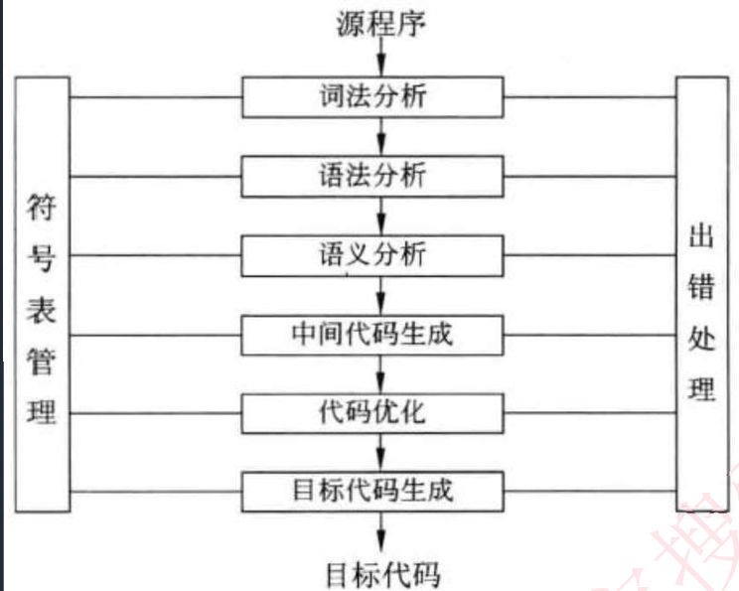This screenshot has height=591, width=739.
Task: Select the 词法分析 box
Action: pyautogui.click(x=373, y=98)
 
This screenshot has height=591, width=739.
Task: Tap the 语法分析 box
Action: pyautogui.click(x=373, y=177)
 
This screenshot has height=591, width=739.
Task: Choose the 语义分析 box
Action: pyautogui.click(x=373, y=255)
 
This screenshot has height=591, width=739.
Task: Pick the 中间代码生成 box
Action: pyautogui.click(x=373, y=334)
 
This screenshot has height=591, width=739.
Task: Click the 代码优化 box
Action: pyautogui.click(x=373, y=411)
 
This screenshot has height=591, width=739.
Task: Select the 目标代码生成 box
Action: pyautogui.click(x=373, y=489)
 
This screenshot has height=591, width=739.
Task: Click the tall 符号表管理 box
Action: pyautogui.click(x=43, y=294)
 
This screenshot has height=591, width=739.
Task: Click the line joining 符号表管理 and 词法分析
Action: pyautogui.click(x=156, y=98)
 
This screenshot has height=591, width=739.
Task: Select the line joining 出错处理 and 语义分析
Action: pyautogui.click(x=590, y=255)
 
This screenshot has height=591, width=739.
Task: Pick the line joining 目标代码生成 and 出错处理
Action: pyautogui.click(x=590, y=490)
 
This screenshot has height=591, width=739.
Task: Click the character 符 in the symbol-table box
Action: pyautogui.click(x=43, y=212)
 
